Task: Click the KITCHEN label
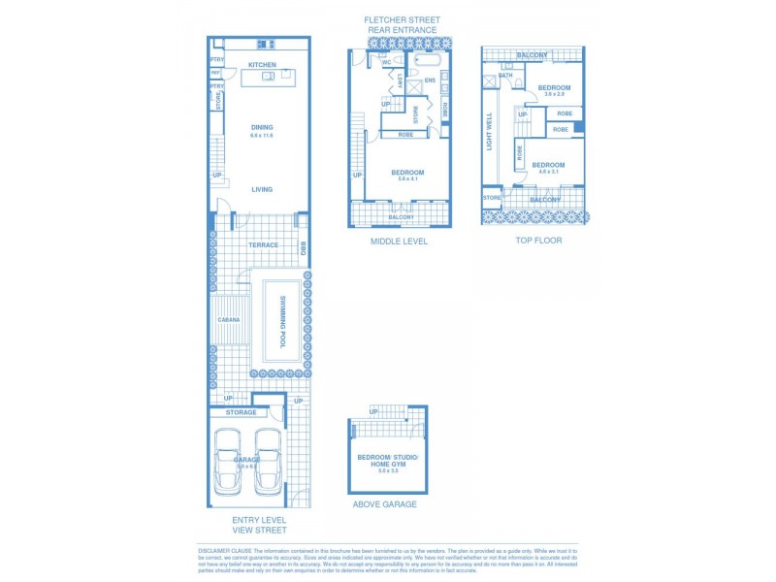[x=262, y=65]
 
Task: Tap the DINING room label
[x=262, y=127]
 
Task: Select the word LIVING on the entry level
[x=262, y=189]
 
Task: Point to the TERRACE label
[x=262, y=244]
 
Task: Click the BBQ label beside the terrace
[x=303, y=247]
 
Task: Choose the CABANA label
[x=228, y=319]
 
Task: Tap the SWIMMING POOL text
[x=282, y=321]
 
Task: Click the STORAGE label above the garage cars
[x=241, y=413]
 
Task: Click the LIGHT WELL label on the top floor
[x=489, y=131]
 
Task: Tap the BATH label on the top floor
[x=505, y=76]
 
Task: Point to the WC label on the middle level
[x=400, y=63]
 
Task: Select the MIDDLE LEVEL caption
[x=399, y=241]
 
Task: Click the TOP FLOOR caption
[x=538, y=240]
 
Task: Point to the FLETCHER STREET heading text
[x=402, y=19]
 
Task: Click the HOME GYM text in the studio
[x=388, y=465]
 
